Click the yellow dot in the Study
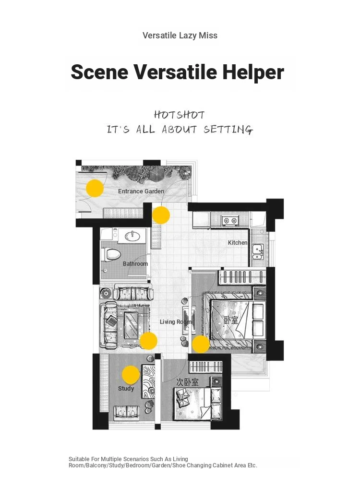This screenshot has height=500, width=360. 131,375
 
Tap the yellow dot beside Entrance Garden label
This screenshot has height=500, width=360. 95,188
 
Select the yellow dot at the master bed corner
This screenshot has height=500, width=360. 201,344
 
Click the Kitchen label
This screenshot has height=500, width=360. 238,243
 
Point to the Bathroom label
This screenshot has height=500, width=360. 135,264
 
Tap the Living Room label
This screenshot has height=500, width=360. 175,322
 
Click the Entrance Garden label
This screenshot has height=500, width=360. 141,191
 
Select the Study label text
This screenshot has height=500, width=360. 126,388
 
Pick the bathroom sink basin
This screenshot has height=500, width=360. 132,236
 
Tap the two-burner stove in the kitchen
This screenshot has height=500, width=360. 230,220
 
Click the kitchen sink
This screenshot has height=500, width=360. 258,251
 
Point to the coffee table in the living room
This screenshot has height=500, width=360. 131,325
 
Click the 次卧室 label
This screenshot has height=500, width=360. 188,381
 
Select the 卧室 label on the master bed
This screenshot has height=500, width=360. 231,320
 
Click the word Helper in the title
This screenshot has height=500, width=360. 253,72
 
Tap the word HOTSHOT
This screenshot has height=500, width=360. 179,115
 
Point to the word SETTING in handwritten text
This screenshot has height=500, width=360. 228,130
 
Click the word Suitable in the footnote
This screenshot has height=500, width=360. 79,459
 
